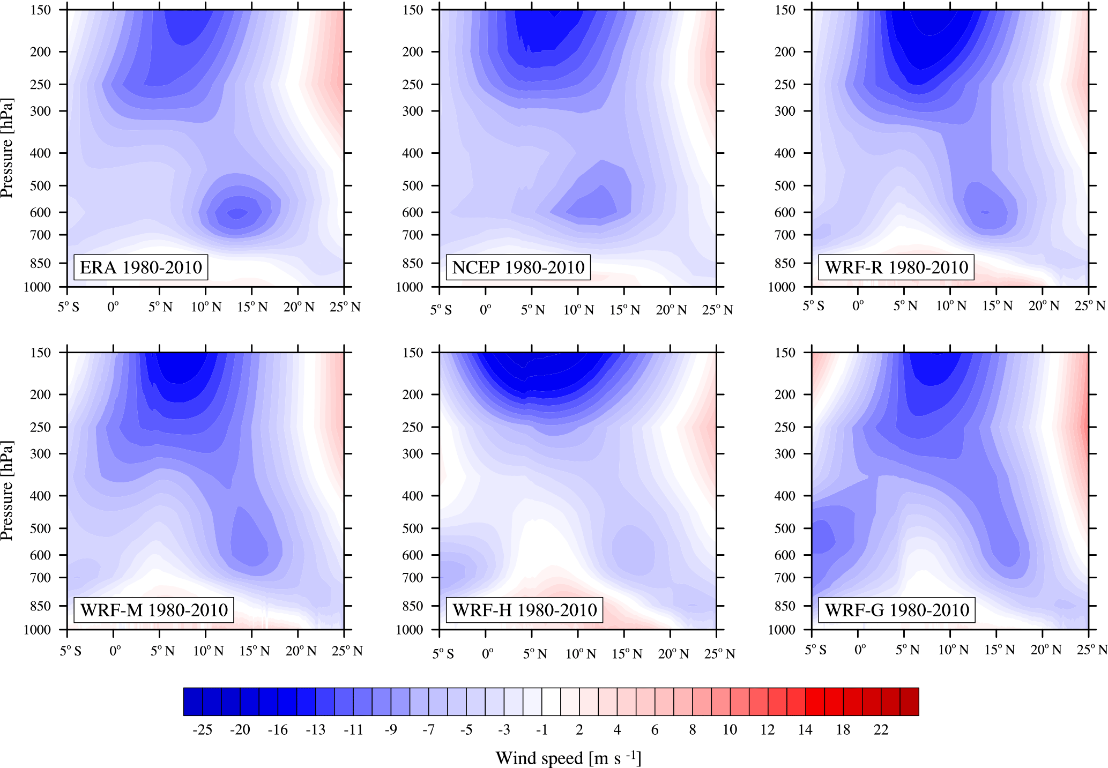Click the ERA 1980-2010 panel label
pyautogui.click(x=140, y=267)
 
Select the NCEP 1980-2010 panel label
pyautogui.click(x=518, y=267)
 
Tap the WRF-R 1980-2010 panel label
pyautogui.click(x=896, y=267)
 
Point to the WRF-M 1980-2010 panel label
pyautogui.click(x=154, y=610)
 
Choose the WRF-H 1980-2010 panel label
pyautogui.click(x=524, y=610)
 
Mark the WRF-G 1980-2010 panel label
pyautogui.click(x=897, y=610)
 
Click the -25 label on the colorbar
pyautogui.click(x=202, y=730)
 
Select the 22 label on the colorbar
pyautogui.click(x=881, y=730)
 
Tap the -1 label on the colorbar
pyautogui.click(x=541, y=730)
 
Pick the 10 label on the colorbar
pyautogui.click(x=730, y=730)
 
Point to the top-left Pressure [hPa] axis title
pyautogui.click(x=7, y=148)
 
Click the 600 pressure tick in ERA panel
pyautogui.click(x=41, y=213)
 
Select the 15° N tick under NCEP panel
pyautogui.click(x=624, y=310)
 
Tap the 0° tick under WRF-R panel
pyautogui.click(x=858, y=306)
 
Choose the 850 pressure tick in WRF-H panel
pyautogui.click(x=413, y=606)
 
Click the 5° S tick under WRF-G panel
pyautogui.click(x=815, y=650)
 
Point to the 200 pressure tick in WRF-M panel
pyautogui.click(x=41, y=394)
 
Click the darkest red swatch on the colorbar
pyautogui.click(x=909, y=702)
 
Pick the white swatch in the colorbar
pyautogui.click(x=551, y=702)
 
